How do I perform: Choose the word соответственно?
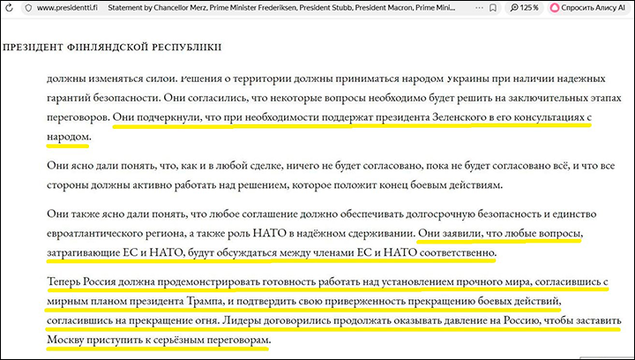click(x=450, y=253)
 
